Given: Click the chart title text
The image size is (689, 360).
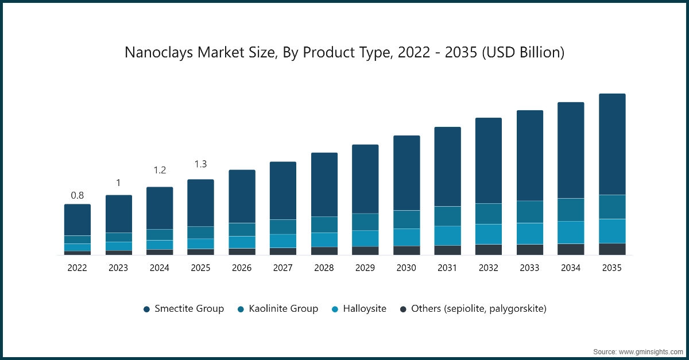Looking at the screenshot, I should click(344, 53).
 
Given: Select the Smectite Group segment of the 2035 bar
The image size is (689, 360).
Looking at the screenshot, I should click(612, 144).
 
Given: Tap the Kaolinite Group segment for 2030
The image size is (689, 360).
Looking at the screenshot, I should click(407, 219).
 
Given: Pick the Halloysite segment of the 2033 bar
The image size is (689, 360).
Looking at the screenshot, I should click(530, 233).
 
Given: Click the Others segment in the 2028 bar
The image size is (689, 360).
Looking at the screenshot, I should click(324, 251).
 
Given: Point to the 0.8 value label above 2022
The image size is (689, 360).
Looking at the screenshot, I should click(78, 195).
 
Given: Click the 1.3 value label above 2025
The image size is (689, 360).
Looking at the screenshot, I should click(200, 164).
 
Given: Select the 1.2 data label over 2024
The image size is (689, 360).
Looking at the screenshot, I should click(160, 171).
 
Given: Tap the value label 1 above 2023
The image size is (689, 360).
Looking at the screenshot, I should click(118, 183).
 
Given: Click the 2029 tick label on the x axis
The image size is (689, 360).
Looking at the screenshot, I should click(365, 268).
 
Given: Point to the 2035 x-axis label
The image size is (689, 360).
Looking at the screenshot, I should click(612, 268).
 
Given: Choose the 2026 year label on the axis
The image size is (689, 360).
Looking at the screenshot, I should click(242, 268).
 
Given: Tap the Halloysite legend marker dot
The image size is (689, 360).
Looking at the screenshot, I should click(335, 309).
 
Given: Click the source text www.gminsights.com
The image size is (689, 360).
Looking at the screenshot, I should click(637, 350).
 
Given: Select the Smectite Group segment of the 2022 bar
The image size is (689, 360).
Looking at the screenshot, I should click(78, 220).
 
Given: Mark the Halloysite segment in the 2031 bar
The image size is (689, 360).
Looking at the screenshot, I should click(447, 235).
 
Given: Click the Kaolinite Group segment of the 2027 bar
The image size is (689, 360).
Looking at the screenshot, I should click(283, 227).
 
